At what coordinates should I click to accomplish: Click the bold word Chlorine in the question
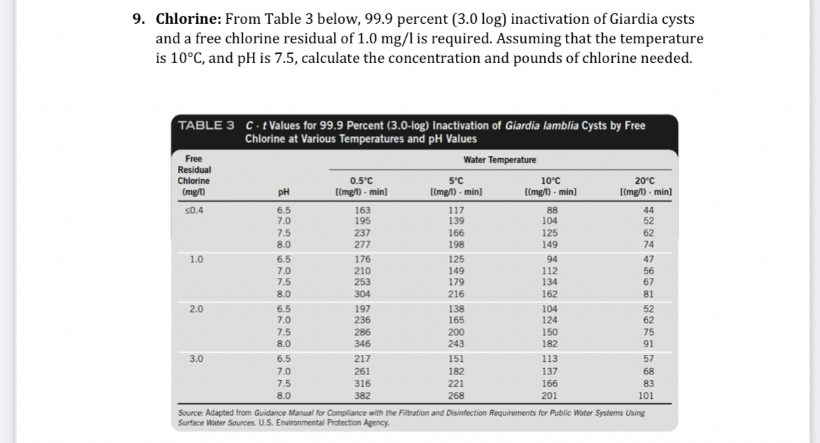(x=185, y=19)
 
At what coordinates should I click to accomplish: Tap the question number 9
(x=139, y=19)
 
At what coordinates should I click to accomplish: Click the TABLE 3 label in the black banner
(x=207, y=125)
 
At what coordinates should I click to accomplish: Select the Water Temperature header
(x=500, y=160)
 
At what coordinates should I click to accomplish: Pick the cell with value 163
(x=363, y=209)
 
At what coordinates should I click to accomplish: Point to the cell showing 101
(x=646, y=395)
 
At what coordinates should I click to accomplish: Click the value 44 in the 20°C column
(x=648, y=209)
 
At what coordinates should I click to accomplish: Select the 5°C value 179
(x=455, y=281)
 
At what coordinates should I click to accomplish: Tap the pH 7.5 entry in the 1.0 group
(x=284, y=281)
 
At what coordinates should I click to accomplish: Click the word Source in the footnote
(x=192, y=413)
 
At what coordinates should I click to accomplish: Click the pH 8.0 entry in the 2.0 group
(x=284, y=344)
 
